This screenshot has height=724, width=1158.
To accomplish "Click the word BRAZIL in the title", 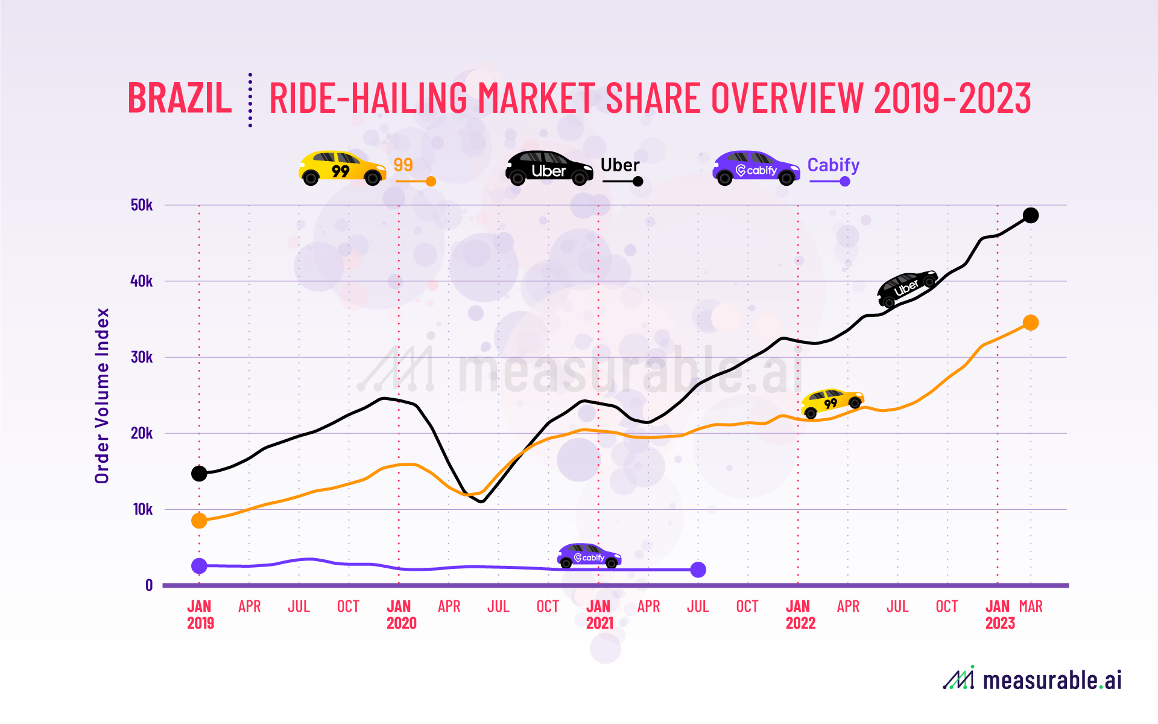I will [x=180, y=98].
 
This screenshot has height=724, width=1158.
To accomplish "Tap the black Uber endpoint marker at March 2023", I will [x=1031, y=215].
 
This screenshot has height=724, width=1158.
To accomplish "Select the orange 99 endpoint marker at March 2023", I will [x=1031, y=323].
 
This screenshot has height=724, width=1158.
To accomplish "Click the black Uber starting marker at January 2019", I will [x=199, y=474].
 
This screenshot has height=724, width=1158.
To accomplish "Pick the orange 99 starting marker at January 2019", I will [x=199, y=521].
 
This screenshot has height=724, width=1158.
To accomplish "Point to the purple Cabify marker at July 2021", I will [x=698, y=570].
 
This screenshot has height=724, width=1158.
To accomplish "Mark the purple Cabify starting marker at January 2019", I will [x=199, y=566].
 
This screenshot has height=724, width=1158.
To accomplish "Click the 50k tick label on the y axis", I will [x=142, y=205].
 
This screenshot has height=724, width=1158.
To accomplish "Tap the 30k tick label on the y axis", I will [x=142, y=357].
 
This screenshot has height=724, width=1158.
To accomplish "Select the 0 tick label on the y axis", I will [x=149, y=585].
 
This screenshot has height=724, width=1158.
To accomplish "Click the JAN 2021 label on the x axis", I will [x=599, y=614].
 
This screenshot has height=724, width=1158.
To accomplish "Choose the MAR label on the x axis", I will [x=1031, y=606].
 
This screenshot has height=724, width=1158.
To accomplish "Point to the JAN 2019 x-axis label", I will [x=200, y=614].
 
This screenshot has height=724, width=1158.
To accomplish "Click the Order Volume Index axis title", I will [x=102, y=396].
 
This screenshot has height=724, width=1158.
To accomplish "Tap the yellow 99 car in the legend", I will [x=342, y=168].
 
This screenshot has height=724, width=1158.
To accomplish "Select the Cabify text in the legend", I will [x=833, y=165].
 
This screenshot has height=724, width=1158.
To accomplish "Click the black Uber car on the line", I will [x=907, y=287].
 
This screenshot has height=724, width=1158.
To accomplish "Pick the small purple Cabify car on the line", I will [x=589, y=556].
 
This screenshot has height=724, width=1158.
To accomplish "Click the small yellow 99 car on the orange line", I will [x=832, y=402].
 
